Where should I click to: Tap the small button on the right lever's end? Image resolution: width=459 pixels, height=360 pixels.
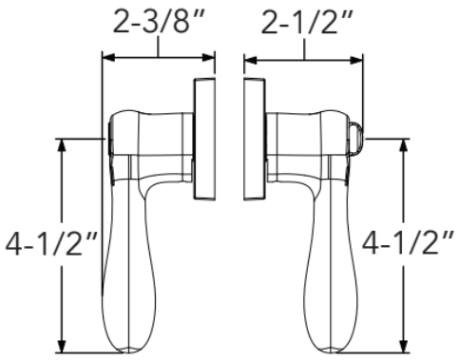pos(358,137)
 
